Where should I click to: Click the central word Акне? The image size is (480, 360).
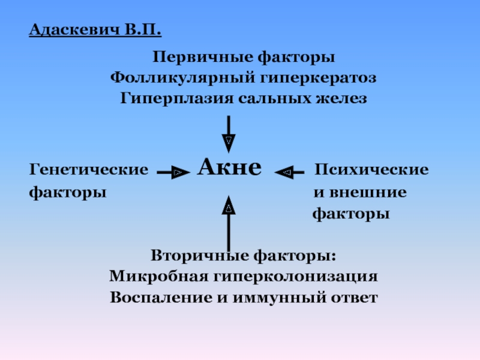pos(229,167)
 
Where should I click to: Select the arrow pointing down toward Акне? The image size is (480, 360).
pos(228,133)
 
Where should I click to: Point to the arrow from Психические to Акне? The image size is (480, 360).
pos(292,173)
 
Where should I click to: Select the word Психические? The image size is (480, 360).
pos(372,170)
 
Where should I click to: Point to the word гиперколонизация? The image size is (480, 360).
pos(292,277)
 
